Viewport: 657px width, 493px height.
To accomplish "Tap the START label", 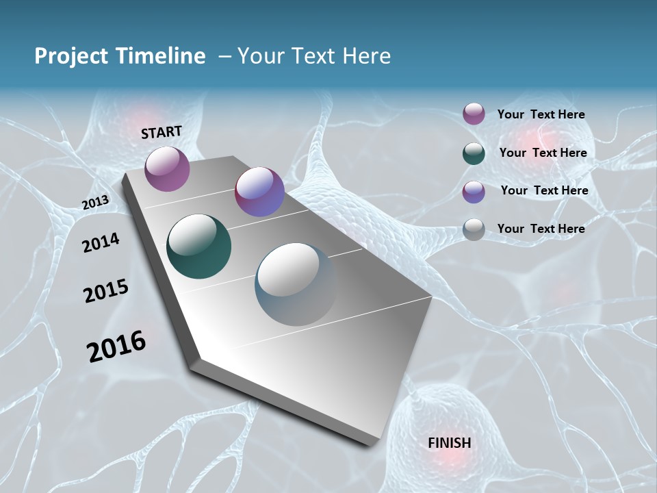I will click(x=162, y=132).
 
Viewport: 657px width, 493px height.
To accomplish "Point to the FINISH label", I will click(x=449, y=443).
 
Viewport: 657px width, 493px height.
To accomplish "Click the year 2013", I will click(x=95, y=202).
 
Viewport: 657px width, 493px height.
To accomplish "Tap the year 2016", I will click(x=116, y=346).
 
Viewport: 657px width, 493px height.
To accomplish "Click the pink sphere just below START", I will click(x=167, y=168).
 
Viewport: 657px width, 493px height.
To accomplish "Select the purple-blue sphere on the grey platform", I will click(x=259, y=192).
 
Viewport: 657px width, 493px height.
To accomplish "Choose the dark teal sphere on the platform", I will click(x=198, y=246).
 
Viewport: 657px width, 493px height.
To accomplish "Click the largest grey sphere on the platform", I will click(x=296, y=283).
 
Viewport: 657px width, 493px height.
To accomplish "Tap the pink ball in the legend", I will click(x=474, y=114).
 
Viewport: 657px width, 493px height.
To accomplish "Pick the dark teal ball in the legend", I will click(x=474, y=153).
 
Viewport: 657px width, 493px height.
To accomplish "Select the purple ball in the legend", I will click(x=474, y=192).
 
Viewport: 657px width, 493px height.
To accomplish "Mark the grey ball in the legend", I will click(x=474, y=229).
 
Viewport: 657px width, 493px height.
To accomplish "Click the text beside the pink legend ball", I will click(x=541, y=115).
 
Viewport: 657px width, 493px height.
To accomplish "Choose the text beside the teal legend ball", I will click(x=543, y=153).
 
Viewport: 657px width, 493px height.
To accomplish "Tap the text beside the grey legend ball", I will click(x=541, y=229).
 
